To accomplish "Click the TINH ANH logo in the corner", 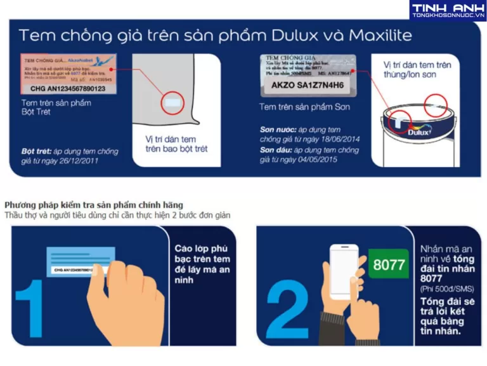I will tap(448, 11).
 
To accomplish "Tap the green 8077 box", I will tap(389, 264).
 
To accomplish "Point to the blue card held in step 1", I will tap(79, 262).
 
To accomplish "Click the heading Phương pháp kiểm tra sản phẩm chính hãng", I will tap(94, 205).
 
